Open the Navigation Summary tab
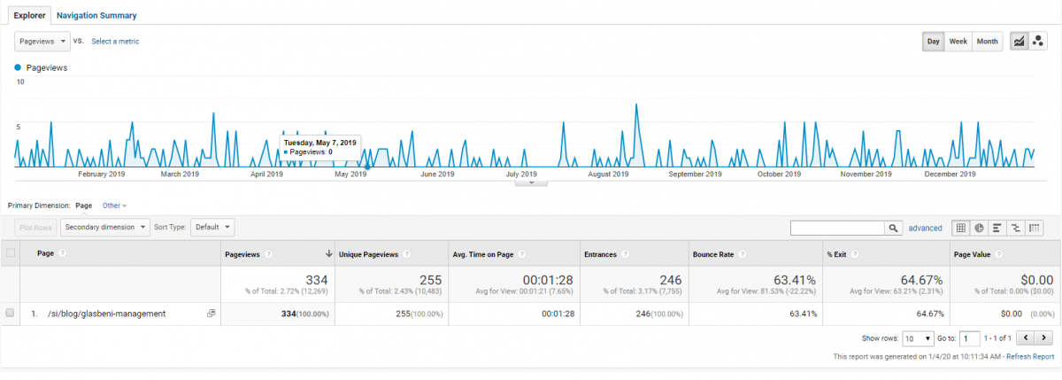click(96, 16)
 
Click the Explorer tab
click(29, 16)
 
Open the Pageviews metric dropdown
click(42, 42)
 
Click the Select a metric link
click(115, 42)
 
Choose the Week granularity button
click(958, 42)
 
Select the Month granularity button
click(987, 42)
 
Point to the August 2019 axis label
click(608, 174)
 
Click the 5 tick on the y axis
click(19, 127)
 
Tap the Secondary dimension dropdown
click(104, 228)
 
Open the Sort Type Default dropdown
click(212, 228)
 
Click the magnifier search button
click(893, 229)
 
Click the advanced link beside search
click(925, 229)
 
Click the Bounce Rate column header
click(713, 254)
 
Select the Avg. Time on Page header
click(482, 254)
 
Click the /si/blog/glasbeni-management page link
click(107, 314)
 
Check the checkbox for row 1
click(10, 313)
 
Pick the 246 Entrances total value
click(671, 280)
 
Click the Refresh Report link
click(1030, 356)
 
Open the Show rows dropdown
click(918, 338)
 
